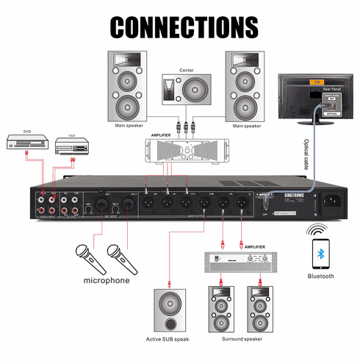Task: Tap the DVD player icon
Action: click(26, 143)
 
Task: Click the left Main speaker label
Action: click(128, 126)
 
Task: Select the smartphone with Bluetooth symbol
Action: click(321, 254)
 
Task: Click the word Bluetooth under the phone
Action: click(321, 276)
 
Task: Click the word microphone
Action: click(106, 280)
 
